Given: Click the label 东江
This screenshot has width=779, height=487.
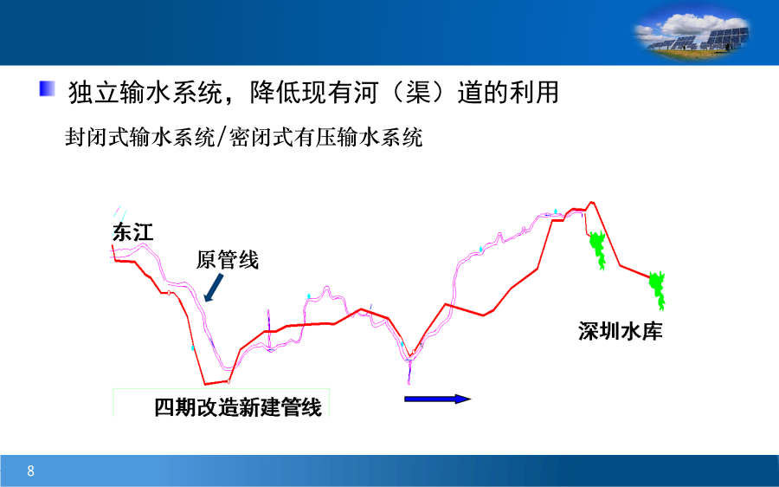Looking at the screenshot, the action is (x=132, y=232).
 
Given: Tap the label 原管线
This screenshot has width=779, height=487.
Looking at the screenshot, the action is (x=227, y=260).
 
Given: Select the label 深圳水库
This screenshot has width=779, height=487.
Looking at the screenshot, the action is (x=620, y=331).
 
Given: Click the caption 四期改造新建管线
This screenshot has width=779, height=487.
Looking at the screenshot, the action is (x=238, y=407).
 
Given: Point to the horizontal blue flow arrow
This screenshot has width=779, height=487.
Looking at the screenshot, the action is (x=437, y=399).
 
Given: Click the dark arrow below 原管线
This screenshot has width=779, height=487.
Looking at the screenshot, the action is (x=214, y=288).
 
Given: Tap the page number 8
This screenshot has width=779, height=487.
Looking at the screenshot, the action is (x=31, y=471).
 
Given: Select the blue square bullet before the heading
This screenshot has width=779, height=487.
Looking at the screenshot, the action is (x=48, y=88).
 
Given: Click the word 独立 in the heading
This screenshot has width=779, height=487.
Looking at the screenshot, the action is (x=93, y=93).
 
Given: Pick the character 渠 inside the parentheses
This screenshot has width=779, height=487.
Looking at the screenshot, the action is (x=418, y=93).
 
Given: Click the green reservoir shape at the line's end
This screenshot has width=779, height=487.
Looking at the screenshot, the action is (x=658, y=290).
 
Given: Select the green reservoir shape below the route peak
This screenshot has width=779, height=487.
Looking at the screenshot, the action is (x=597, y=250).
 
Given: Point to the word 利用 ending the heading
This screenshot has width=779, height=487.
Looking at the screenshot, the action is (x=534, y=93).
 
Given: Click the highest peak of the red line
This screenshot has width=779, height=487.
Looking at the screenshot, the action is (x=591, y=203).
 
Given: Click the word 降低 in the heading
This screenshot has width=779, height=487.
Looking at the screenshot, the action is (x=275, y=93).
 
